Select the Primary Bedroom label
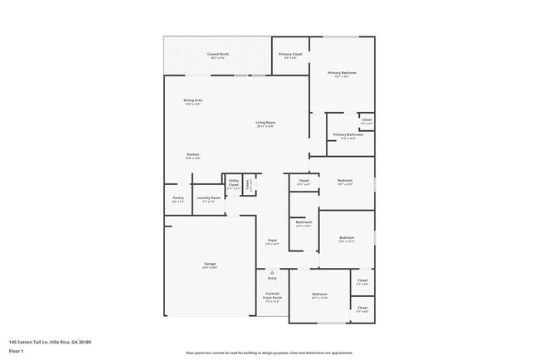(x=342, y=73)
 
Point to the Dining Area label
(x=193, y=100)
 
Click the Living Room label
(x=265, y=123)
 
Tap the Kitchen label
(x=192, y=154)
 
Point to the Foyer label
(x=272, y=241)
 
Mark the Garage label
(x=211, y=265)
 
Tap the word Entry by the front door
(x=272, y=278)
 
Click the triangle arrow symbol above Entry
(x=272, y=271)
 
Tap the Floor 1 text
(x=17, y=350)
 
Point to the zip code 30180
(x=86, y=342)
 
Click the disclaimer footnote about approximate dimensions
(x=269, y=353)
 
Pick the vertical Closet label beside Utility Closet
(x=248, y=186)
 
